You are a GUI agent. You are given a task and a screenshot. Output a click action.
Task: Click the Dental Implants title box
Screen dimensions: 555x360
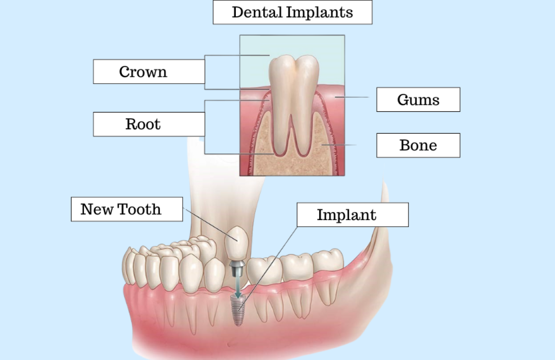292,12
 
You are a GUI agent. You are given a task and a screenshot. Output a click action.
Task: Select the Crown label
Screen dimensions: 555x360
149,72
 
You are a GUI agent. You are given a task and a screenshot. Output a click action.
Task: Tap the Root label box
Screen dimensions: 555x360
149,124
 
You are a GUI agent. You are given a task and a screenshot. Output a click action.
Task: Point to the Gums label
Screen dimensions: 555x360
418,100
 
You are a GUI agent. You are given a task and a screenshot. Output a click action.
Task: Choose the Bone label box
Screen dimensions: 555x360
418,145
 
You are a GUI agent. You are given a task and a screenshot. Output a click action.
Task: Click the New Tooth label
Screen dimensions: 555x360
127,209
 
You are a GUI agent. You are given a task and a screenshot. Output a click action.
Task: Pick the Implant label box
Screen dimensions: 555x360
352,214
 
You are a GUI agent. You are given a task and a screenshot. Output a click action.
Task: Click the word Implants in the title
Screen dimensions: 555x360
320,12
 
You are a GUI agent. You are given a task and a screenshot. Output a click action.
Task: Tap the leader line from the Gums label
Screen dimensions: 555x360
352,97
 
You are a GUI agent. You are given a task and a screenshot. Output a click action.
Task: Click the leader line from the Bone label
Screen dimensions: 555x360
339,145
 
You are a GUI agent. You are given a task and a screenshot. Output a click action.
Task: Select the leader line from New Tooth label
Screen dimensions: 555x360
211,225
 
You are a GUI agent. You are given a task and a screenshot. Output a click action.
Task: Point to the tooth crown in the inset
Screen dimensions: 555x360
294,73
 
